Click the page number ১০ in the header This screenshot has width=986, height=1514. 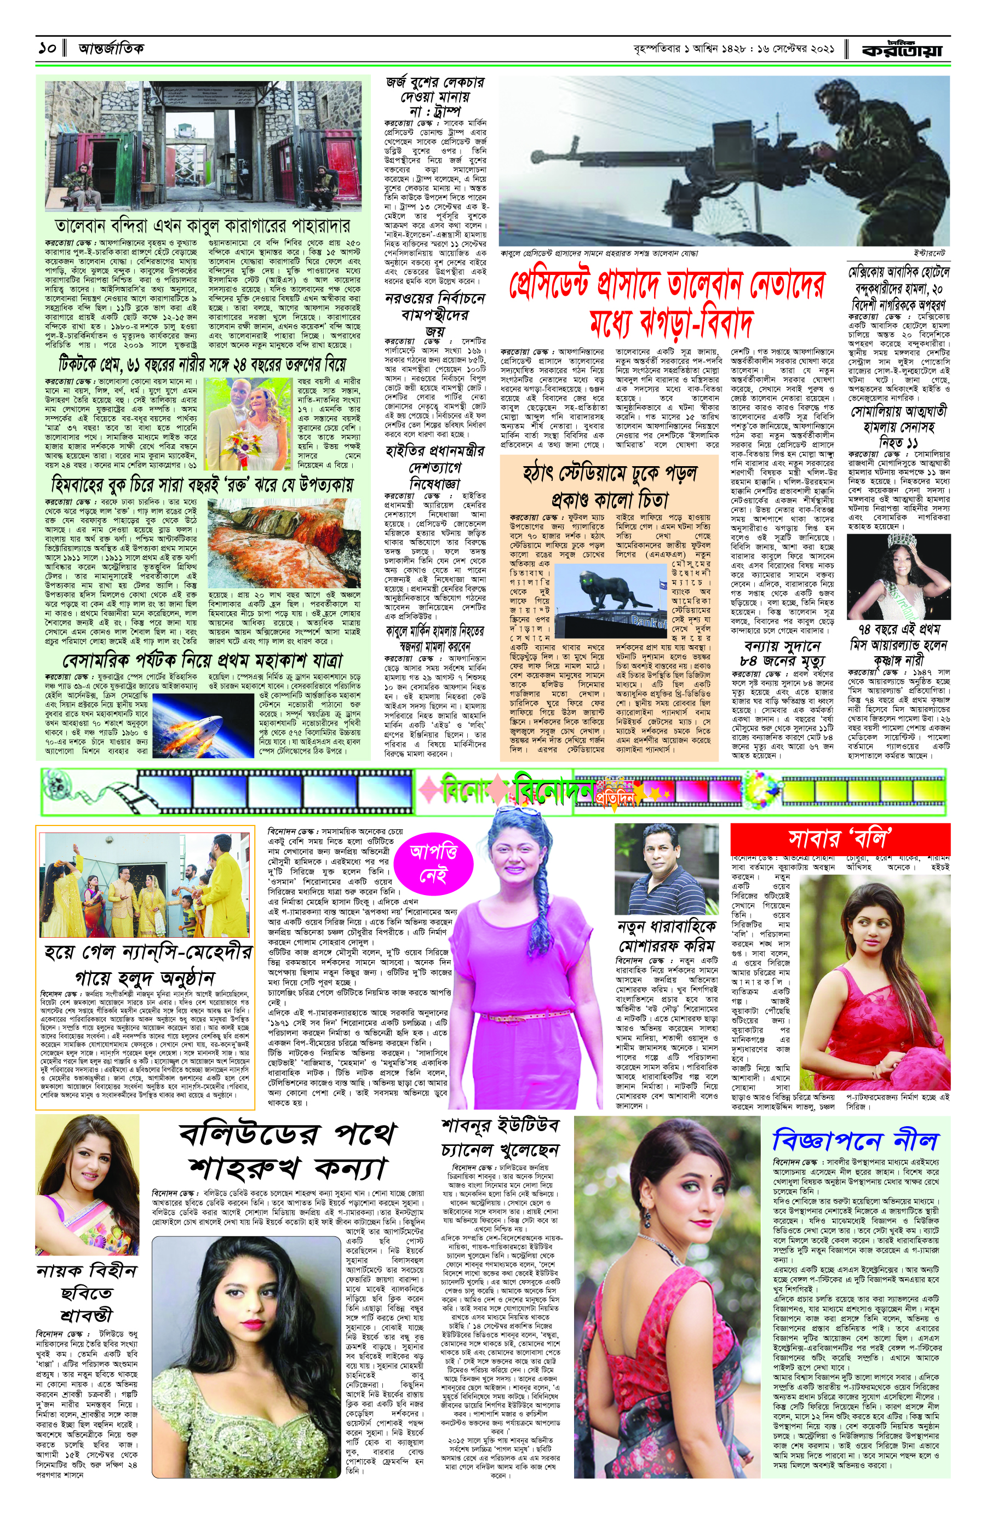[47, 48]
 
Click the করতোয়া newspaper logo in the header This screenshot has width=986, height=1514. [902, 49]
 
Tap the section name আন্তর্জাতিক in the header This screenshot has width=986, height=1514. [111, 48]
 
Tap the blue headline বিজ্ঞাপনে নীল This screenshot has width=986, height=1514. [855, 1140]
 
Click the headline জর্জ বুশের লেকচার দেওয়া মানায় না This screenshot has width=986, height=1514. [435, 98]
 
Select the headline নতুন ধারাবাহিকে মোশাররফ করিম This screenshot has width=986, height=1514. [666, 935]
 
